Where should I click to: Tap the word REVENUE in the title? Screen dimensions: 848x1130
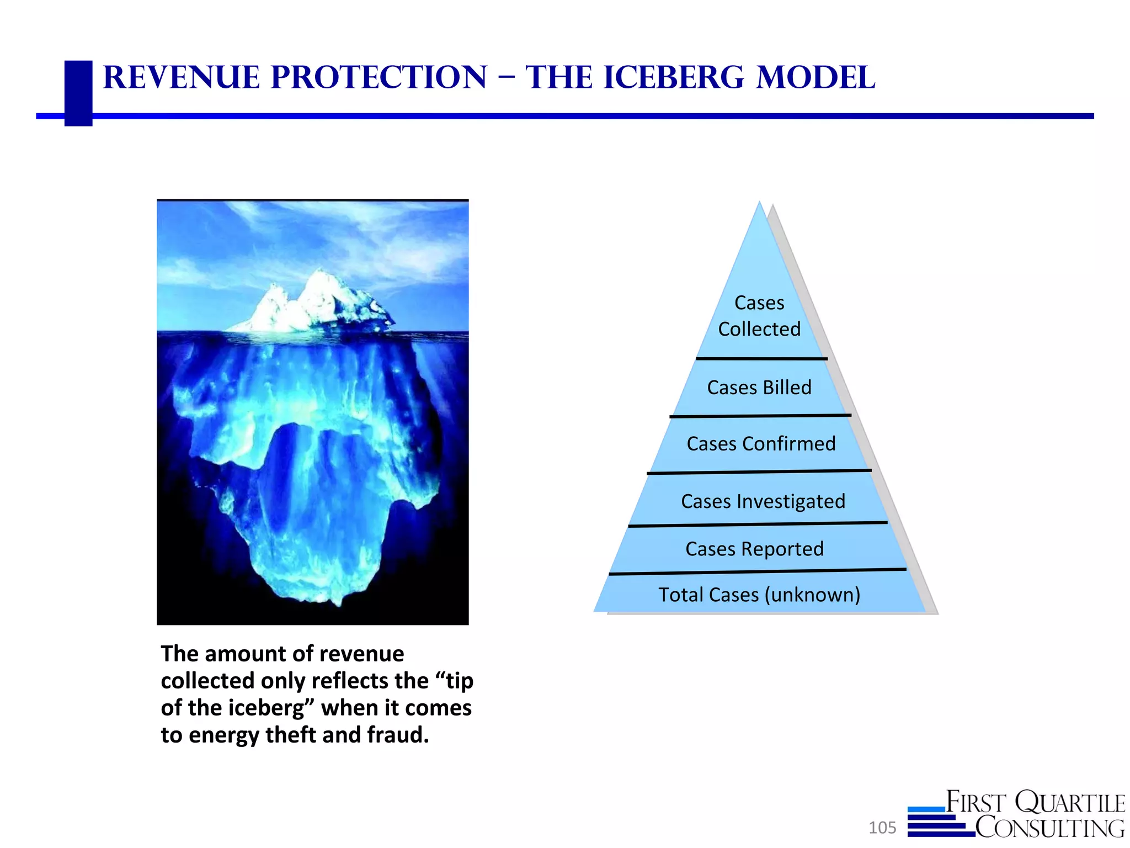click(x=181, y=77)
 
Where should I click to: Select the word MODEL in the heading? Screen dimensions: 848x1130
click(x=815, y=77)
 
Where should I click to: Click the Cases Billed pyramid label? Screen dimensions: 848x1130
click(x=759, y=388)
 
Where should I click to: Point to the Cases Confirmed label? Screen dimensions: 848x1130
click(x=761, y=444)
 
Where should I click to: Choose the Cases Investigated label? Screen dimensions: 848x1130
click(x=763, y=501)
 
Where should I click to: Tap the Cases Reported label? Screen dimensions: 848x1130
click(x=754, y=549)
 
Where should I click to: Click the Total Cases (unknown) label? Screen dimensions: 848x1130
click(x=759, y=595)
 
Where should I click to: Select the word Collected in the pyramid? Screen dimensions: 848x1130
click(x=759, y=329)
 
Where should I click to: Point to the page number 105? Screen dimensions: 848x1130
click(x=882, y=828)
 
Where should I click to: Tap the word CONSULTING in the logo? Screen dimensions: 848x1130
click(x=1049, y=828)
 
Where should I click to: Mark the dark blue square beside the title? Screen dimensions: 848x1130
click(x=78, y=93)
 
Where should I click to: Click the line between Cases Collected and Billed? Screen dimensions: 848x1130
click(x=761, y=359)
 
